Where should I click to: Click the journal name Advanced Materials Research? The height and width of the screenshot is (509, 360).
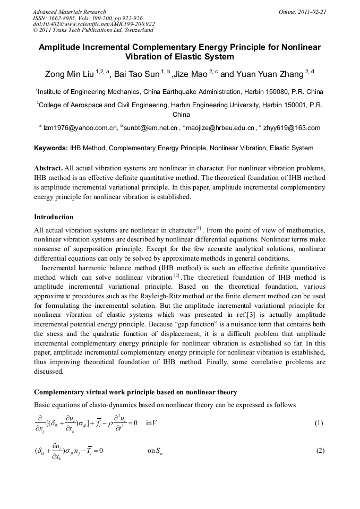coord(69,12)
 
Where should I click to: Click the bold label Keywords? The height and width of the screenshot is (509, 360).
coord(50,148)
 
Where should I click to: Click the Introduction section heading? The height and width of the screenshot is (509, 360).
coord(54,217)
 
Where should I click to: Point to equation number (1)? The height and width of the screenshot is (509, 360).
coord(319,424)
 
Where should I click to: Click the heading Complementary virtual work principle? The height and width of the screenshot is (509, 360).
coord(135,392)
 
